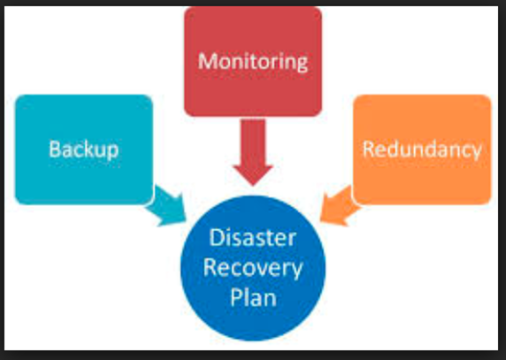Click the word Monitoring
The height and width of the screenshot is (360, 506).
pyautogui.click(x=253, y=62)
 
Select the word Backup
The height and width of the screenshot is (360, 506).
pyautogui.click(x=84, y=150)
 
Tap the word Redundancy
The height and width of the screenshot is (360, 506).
pyautogui.click(x=422, y=150)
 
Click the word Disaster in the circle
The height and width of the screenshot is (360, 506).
pyautogui.click(x=253, y=238)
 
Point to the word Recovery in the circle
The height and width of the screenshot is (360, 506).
pyautogui.click(x=253, y=269)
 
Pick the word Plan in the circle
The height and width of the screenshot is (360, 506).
pyautogui.click(x=253, y=297)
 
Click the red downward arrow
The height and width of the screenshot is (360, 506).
pyautogui.click(x=253, y=152)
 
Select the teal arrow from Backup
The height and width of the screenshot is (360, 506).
pyautogui.click(x=167, y=205)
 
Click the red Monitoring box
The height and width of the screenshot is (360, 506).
pyautogui.click(x=253, y=61)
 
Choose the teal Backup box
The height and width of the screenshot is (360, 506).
pyautogui.click(x=84, y=149)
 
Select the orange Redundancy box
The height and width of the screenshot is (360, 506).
pyautogui.click(x=422, y=149)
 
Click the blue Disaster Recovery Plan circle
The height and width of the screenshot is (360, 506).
pyautogui.click(x=253, y=268)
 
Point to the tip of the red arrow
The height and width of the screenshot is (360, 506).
pyautogui.click(x=253, y=186)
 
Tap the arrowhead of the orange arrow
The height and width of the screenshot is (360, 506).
pyautogui.click(x=320, y=221)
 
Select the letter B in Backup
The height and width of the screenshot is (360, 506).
pyautogui.click(x=54, y=149)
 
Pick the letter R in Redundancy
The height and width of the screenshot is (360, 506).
pyautogui.click(x=368, y=149)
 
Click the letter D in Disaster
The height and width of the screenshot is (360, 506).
pyautogui.click(x=216, y=238)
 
